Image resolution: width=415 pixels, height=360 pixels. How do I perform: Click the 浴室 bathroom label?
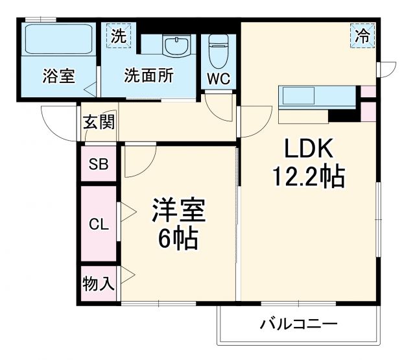(x=58, y=76)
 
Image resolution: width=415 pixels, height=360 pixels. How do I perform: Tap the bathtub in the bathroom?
(x=58, y=40)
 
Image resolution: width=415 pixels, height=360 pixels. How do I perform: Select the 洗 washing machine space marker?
(x=119, y=36)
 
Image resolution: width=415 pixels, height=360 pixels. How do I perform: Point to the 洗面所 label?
(x=149, y=76)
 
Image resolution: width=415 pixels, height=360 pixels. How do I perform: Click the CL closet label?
(x=99, y=225)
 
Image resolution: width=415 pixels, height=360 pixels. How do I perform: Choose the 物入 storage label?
(x=99, y=283)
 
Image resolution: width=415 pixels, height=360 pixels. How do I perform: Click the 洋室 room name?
(x=178, y=211)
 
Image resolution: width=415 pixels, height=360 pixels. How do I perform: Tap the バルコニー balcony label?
(x=299, y=324)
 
